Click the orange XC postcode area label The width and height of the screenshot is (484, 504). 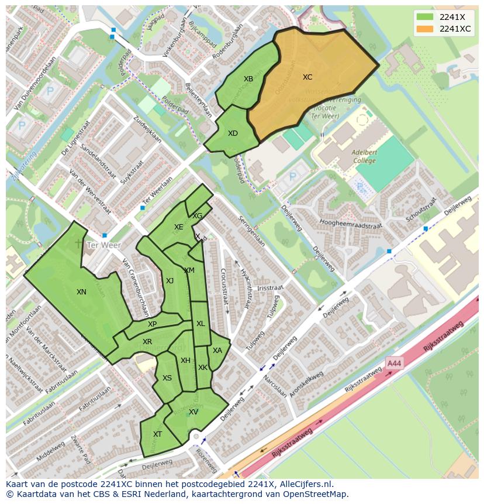click(307, 77)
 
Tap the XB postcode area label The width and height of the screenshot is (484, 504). click(248, 79)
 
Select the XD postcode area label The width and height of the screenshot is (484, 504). click(233, 133)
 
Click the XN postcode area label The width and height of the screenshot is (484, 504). click(81, 292)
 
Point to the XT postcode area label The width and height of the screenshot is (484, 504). click(157, 434)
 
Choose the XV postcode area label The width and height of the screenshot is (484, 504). click(193, 412)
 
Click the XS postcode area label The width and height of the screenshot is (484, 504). click(167, 378)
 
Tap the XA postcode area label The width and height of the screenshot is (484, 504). click(217, 351)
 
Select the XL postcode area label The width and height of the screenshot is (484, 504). click(200, 324)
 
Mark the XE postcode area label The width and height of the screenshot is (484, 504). click(179, 227)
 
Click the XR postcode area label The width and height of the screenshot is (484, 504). click(147, 342)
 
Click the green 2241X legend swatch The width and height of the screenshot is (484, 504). click(426, 17)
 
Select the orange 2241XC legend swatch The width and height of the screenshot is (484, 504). click(426, 29)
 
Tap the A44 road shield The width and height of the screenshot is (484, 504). click(394, 364)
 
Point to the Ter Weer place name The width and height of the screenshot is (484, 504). click(103, 245)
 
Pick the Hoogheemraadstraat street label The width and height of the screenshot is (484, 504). click(351, 224)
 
